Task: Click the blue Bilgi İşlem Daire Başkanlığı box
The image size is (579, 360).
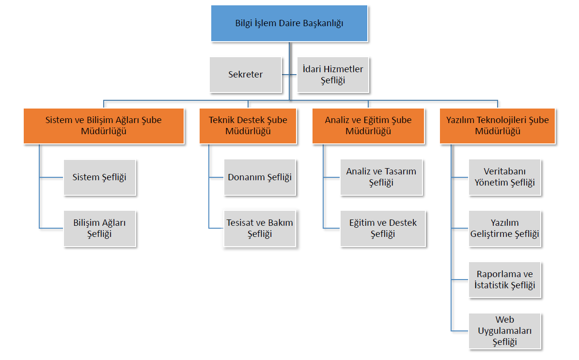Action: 289,23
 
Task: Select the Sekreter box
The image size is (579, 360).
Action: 246,75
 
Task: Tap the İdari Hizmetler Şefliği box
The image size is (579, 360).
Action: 333,75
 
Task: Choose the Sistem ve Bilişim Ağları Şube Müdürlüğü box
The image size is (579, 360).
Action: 104,126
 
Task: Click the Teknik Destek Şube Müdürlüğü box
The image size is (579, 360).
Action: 248,126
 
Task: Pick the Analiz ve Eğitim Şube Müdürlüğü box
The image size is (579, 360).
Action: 368,126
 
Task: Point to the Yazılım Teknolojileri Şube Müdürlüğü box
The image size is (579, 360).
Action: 498,126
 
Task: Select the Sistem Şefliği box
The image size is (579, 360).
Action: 100,178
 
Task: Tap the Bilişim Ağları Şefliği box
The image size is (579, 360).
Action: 100,229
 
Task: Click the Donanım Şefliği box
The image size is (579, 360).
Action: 260,177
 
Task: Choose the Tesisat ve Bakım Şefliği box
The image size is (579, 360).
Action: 260,229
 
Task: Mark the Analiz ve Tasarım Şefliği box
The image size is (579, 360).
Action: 381,177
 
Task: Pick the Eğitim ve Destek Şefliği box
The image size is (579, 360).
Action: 383,229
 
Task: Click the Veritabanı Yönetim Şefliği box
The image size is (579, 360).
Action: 505,177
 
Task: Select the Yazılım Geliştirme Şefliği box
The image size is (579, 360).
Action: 505,229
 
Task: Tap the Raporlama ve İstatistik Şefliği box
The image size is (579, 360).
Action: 505,280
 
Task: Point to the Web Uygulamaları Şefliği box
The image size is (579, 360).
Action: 505,331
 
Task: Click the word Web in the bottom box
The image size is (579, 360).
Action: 505,320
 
